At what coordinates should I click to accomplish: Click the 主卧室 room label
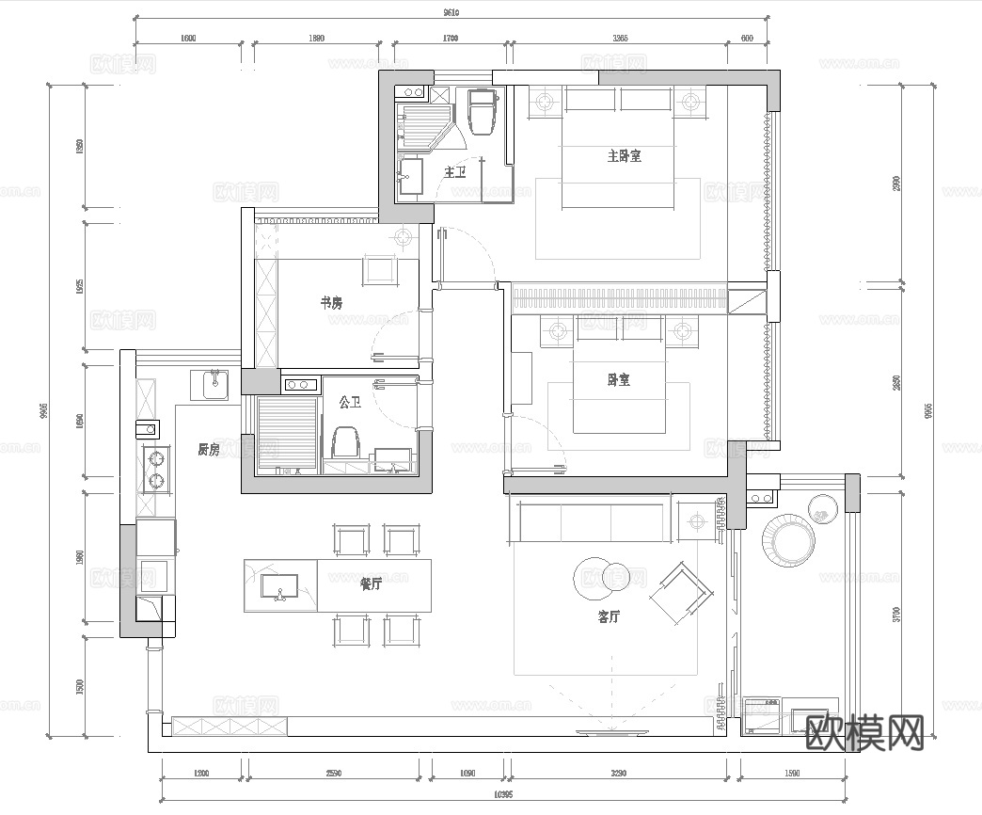click(x=624, y=156)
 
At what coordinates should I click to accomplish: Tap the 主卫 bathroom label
click(x=455, y=172)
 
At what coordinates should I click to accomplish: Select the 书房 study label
click(x=331, y=303)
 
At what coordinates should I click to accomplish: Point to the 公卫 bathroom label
click(x=351, y=403)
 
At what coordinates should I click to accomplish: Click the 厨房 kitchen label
click(x=208, y=450)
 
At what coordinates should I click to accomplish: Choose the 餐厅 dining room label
click(x=371, y=584)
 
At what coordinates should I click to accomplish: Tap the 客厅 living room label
click(x=610, y=617)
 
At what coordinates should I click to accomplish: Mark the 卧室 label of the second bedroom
click(x=618, y=380)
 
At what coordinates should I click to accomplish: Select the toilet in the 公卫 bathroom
click(x=346, y=443)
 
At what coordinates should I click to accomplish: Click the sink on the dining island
click(x=280, y=587)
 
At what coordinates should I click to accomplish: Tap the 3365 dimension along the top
click(x=619, y=39)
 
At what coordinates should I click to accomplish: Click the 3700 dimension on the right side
click(x=896, y=614)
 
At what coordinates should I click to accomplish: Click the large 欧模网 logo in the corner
click(x=865, y=730)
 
